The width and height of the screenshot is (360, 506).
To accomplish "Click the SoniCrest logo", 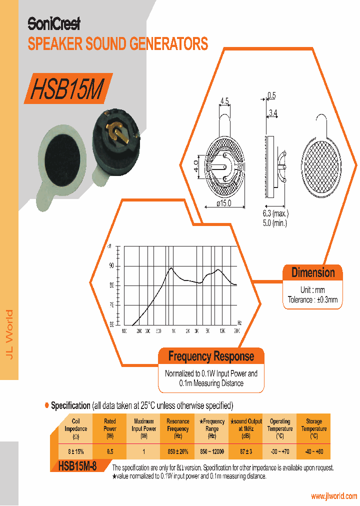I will coord(53,23).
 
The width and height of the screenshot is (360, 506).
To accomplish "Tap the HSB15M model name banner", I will coord(67,89).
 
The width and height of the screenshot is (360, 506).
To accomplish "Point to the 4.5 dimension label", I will coord(224,101).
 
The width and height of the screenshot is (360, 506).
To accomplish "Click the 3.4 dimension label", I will coord(273,113).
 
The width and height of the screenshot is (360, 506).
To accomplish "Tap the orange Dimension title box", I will coord(313,273).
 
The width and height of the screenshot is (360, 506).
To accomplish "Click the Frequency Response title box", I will coord(211,356).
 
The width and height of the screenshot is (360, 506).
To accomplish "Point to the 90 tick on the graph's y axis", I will coord(111,266).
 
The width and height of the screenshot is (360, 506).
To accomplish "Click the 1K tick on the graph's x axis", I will coord(172,331).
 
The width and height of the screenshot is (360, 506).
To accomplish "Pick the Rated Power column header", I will coord(110,425).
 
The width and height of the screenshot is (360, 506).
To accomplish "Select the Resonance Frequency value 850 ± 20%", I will coord(178,451).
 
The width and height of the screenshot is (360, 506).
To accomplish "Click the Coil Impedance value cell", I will coord(76,451).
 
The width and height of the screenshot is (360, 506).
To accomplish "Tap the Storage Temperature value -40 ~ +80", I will coord(314,451).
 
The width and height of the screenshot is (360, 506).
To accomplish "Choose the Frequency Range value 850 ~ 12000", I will coord(212,451).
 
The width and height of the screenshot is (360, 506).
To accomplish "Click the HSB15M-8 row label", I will coord(77,466).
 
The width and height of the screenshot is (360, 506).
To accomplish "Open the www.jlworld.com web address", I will coord(334,496).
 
